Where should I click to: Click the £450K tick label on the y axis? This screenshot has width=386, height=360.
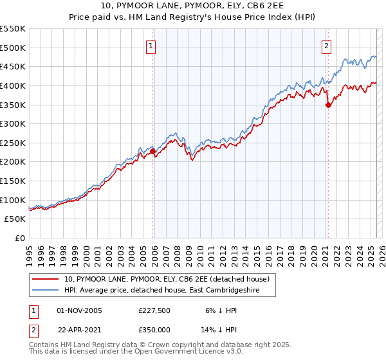(13, 66)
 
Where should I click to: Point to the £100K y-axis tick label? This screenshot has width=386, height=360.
(13, 200)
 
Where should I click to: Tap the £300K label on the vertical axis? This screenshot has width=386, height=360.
(13, 123)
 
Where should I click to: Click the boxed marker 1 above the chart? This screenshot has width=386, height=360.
(151, 46)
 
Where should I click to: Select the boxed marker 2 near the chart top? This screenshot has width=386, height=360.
(326, 46)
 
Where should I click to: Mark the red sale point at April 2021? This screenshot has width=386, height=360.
(328, 105)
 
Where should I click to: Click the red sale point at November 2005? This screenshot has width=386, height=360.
(152, 152)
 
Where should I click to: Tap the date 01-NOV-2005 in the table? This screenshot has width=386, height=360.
(79, 310)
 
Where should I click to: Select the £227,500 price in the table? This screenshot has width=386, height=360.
(153, 310)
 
